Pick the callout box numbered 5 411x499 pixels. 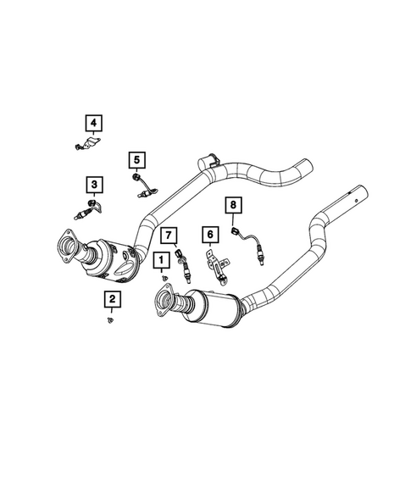(x=136, y=158)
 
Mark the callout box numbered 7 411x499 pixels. (x=169, y=234)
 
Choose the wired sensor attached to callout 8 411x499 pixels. (x=254, y=246)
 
